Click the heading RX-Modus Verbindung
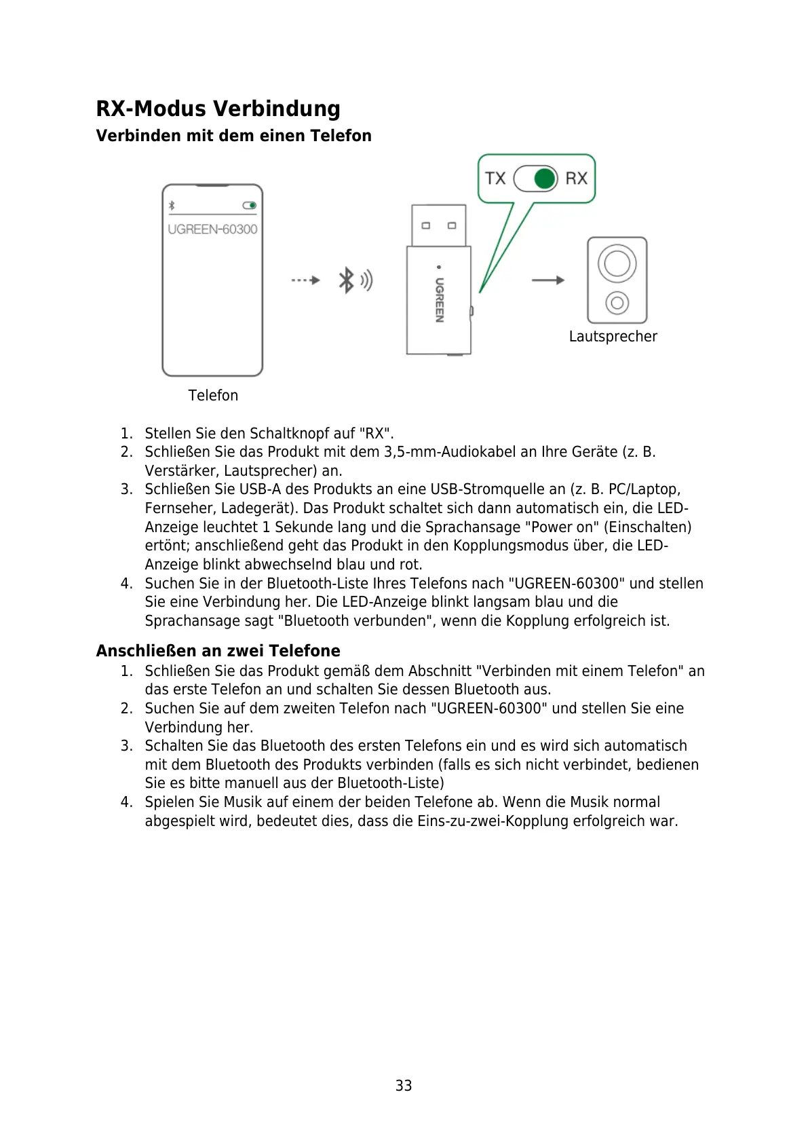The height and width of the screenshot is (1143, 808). (x=218, y=109)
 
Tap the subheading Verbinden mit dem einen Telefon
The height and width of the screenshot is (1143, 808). (x=233, y=136)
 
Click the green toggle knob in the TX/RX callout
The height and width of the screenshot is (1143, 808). (x=545, y=179)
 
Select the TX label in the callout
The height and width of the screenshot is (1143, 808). (x=495, y=179)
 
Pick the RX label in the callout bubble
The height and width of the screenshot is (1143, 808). (x=576, y=179)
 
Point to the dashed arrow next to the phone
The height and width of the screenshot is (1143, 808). (x=305, y=280)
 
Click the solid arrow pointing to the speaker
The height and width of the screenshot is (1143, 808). (x=548, y=280)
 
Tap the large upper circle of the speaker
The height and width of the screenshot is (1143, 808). (x=617, y=263)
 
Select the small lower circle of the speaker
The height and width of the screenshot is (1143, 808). (x=617, y=303)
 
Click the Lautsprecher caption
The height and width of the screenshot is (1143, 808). (x=613, y=337)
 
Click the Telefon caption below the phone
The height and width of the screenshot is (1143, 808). (x=213, y=396)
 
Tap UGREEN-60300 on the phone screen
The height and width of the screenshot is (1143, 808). (x=212, y=229)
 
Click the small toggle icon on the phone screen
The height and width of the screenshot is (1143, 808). (x=250, y=205)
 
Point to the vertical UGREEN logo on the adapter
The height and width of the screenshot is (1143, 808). (x=440, y=299)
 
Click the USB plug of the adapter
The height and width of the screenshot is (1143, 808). (x=439, y=225)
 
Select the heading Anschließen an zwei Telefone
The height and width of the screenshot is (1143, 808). (x=218, y=651)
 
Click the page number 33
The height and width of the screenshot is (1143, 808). (x=404, y=1086)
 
